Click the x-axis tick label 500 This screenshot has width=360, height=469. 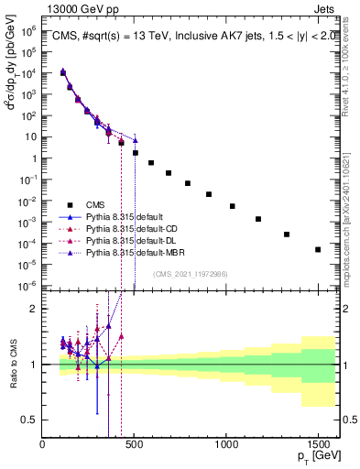coord(135,443)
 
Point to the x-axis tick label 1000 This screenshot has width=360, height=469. coord(226,443)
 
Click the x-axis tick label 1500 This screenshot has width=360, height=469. coord(318,443)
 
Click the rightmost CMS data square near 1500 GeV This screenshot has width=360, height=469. coord(318,249)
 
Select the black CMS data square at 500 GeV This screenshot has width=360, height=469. coord(136,153)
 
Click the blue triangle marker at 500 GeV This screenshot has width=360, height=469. coord(135,140)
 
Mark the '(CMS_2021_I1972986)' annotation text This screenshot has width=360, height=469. coord(191,273)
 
